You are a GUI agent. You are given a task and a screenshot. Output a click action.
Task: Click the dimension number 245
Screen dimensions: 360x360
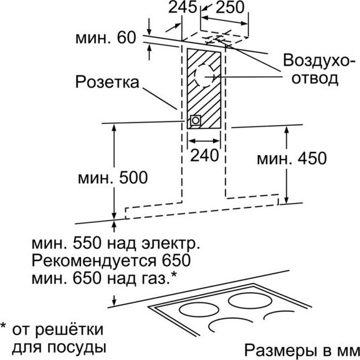[x=182, y=7]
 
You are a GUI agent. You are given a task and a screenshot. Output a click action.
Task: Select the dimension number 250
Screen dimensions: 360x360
[x=230, y=7]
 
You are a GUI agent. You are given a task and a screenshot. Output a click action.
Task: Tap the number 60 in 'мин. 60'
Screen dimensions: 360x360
[x=126, y=37]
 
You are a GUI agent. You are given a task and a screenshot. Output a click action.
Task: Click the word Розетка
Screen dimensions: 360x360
[x=107, y=82]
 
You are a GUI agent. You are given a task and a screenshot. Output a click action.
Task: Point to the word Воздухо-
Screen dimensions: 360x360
[x=319, y=60]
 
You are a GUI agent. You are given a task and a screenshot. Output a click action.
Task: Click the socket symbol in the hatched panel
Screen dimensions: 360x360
[x=196, y=120]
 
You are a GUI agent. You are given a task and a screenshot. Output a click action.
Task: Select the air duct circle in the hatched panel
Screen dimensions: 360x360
[x=204, y=76]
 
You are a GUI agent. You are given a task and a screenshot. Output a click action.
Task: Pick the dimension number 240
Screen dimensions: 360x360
[x=204, y=156]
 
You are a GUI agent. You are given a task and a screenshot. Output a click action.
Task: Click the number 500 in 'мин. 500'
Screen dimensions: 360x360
[x=133, y=178]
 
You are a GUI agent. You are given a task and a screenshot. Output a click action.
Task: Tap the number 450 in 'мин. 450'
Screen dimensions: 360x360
[x=312, y=158]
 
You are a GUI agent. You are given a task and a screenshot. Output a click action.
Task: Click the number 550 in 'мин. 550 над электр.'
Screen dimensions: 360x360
[x=87, y=244]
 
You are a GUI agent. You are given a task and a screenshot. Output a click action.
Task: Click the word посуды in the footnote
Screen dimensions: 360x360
[x=77, y=348]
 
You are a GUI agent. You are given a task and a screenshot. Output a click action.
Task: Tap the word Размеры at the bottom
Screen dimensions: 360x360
[x=280, y=351]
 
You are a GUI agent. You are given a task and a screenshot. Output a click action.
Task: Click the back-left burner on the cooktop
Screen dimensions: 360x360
[x=199, y=310]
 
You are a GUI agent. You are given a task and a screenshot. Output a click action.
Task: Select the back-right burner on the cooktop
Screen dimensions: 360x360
[x=250, y=300]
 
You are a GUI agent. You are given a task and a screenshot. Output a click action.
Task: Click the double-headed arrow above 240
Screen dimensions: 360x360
[x=204, y=141]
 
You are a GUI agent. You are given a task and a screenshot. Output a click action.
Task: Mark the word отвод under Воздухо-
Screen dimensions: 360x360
[x=315, y=78]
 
